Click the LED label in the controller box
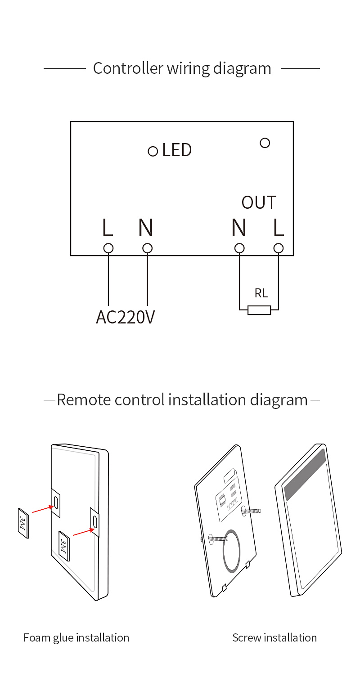[x=177, y=150]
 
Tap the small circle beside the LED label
[x=153, y=151]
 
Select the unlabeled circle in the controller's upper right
[x=265, y=143]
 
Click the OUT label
[x=259, y=202]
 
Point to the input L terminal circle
[x=108, y=248]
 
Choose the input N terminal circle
[x=147, y=248]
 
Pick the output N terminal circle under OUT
[x=239, y=248]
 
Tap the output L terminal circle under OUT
[x=279, y=248]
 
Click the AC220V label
[x=125, y=317]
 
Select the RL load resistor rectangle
[x=259, y=310]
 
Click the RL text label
[x=261, y=293]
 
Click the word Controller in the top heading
[x=128, y=68]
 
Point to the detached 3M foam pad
[x=23, y=523]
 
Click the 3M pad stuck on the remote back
[x=64, y=546]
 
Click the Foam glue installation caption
[x=76, y=638]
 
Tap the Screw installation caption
[x=274, y=637]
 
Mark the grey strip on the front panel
[x=305, y=474]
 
